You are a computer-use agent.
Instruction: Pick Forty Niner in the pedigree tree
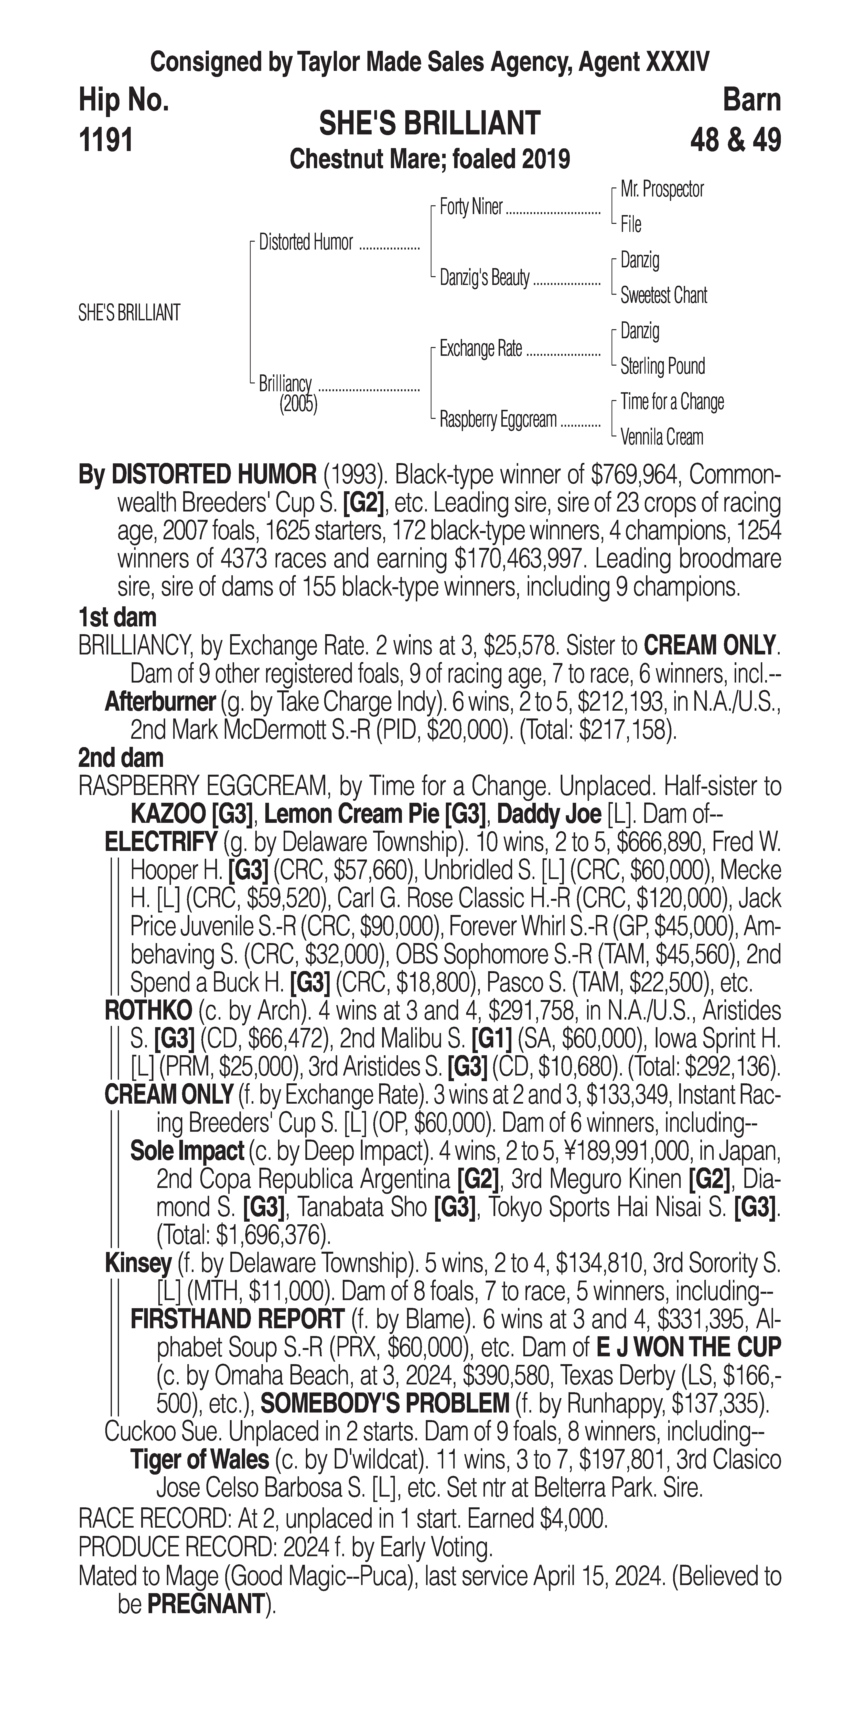tap(471, 207)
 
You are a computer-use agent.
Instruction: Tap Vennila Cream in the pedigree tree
tap(661, 437)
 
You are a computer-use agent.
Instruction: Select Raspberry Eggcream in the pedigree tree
tap(497, 420)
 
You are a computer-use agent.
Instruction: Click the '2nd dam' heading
tap(121, 758)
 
